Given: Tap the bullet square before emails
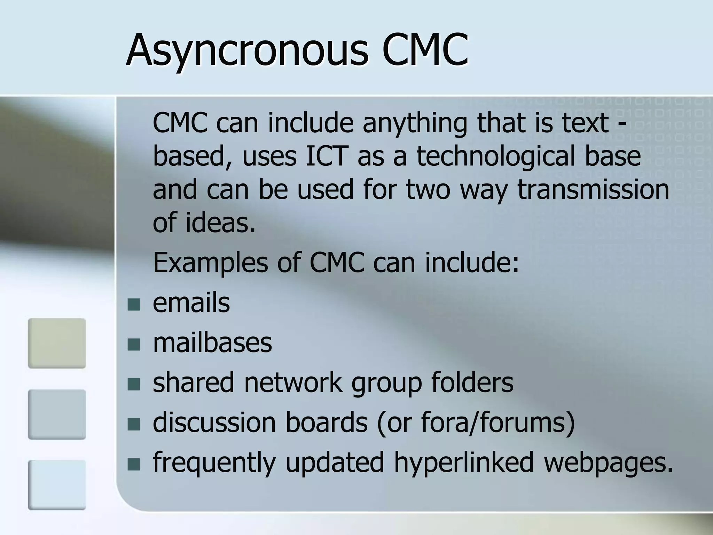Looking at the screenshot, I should [x=134, y=304].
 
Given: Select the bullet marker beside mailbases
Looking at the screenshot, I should [x=134, y=344].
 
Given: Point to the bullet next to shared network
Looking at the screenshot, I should [x=134, y=385].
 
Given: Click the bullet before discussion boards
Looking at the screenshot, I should [x=134, y=424].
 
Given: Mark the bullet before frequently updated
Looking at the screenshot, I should [x=134, y=464].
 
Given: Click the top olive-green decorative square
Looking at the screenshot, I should [x=57, y=343].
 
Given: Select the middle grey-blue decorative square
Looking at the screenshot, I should [x=57, y=414].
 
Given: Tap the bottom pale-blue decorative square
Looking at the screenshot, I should [x=57, y=485].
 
